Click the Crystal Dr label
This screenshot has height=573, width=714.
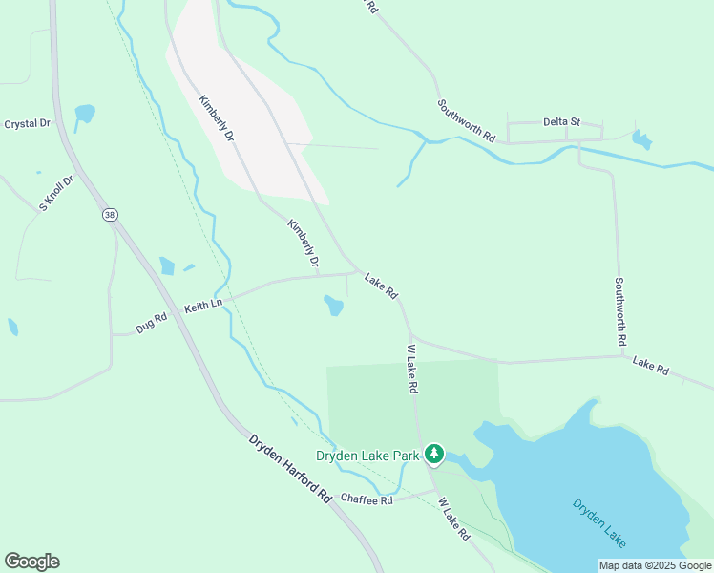point(27,124)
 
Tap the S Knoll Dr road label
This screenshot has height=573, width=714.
point(56,193)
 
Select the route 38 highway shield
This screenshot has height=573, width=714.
point(110,216)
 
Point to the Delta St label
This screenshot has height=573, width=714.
point(561,122)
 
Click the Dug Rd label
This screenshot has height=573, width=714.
point(151,324)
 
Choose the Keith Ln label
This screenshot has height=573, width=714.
point(202,306)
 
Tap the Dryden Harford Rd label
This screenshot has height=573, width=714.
point(289,469)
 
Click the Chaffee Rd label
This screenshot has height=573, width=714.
point(367,500)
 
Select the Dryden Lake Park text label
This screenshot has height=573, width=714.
point(368,456)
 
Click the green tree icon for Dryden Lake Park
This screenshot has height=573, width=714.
point(435,454)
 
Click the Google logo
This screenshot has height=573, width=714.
point(31,562)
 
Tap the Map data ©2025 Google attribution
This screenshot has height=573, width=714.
point(655,565)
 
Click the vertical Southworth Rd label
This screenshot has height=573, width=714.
point(619,311)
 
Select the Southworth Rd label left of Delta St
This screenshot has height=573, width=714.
point(467,121)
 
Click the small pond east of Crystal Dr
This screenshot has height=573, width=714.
point(85,115)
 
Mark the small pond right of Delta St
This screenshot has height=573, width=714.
point(642,140)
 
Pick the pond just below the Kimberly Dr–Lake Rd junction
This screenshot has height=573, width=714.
point(333,306)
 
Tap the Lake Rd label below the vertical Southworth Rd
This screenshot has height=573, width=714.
point(650,366)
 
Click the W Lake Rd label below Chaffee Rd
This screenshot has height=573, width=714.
point(454,520)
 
